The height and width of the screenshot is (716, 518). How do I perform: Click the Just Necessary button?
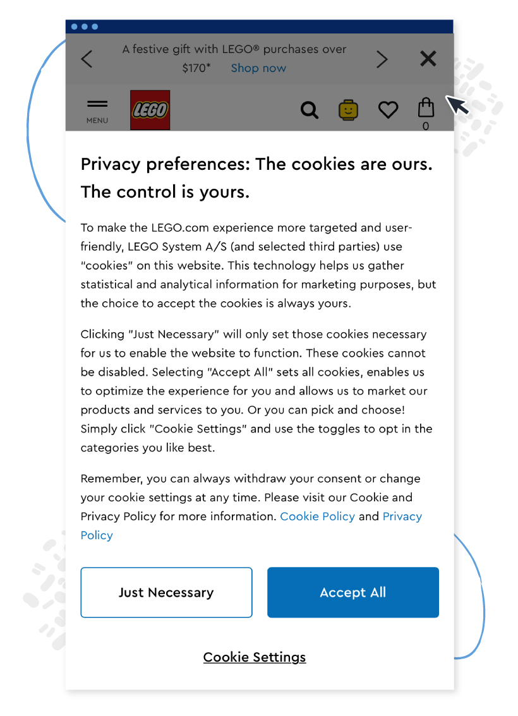point(166,592)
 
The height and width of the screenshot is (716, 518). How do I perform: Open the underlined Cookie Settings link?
point(255,657)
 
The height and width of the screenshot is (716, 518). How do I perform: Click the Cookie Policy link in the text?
point(317,516)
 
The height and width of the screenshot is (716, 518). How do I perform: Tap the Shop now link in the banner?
point(258,68)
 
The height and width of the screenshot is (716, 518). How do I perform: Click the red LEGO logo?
point(150,110)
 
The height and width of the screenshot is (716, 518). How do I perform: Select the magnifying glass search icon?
point(309,110)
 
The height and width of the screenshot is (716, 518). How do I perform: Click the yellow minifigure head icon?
point(348,110)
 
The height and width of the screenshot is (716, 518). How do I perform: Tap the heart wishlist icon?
point(388,110)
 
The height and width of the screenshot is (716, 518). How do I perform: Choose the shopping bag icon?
point(426,108)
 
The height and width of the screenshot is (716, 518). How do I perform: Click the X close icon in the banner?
point(428,59)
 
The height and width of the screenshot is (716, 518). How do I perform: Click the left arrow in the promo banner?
point(87,59)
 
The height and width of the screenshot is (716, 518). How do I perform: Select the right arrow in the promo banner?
point(382,59)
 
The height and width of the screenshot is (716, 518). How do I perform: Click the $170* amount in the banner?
point(196,68)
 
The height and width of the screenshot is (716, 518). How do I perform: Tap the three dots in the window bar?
point(85,27)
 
